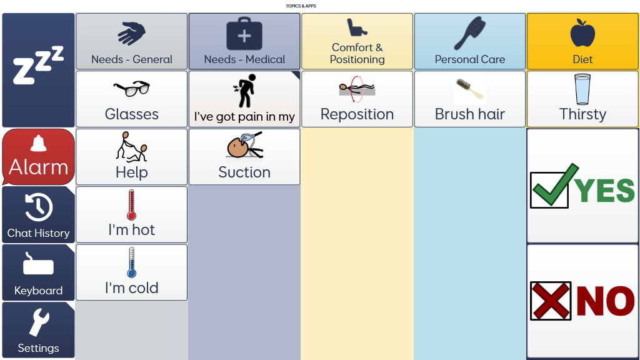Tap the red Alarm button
pos(38,157)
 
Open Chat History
pos(38,214)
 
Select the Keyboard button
pos(38,272)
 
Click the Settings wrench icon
pos(38,324)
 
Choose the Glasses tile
pos(131,99)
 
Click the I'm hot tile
pos(131,214)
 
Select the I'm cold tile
pos(131,272)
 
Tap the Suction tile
pos(244,157)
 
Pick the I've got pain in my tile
pos(244,99)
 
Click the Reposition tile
pos(357,99)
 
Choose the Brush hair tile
pos(469,99)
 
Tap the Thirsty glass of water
pos(582,89)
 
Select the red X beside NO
pos(550,301)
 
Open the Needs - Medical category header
pos(244,41)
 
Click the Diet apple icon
pos(582,33)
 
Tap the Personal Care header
pos(469,41)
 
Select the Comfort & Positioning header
pos(357,41)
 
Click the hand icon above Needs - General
pos(131,33)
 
